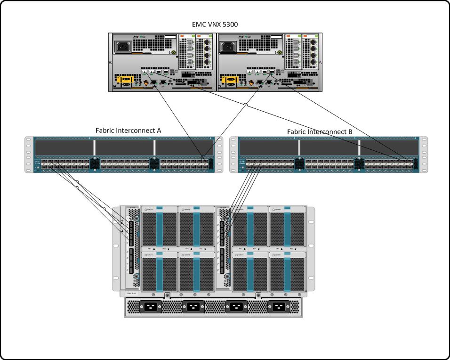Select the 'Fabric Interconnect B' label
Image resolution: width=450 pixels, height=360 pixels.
pos(320,132)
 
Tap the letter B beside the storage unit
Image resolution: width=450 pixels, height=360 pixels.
pos(110,62)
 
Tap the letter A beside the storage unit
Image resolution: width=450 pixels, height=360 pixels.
pos(321,62)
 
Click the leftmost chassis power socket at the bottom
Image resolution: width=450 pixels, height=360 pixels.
pos(150,307)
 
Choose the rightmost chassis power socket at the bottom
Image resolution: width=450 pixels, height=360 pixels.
pos(278,307)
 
